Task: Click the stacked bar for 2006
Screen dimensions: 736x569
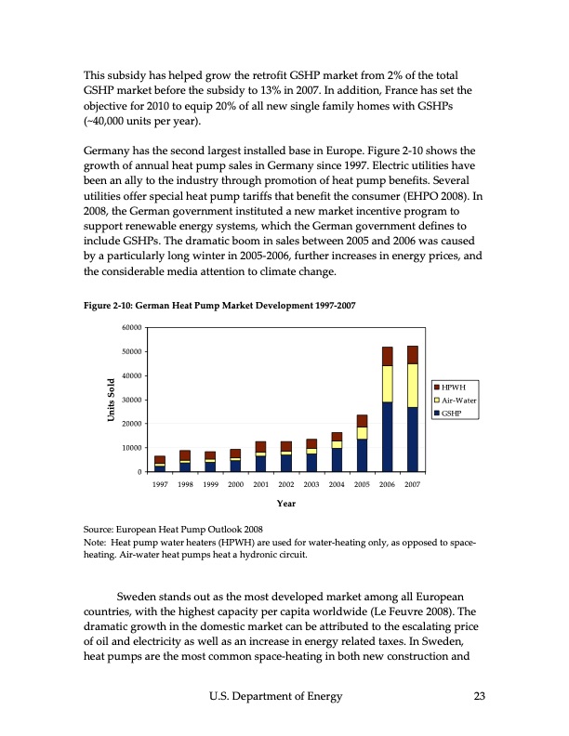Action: [x=387, y=409]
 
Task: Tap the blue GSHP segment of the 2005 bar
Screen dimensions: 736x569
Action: [x=362, y=455]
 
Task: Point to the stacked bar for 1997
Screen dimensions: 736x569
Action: [x=160, y=464]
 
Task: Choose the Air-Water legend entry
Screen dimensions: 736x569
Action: [x=456, y=400]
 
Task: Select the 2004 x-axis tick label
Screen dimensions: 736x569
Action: [x=337, y=485]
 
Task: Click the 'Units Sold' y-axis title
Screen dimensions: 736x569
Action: [x=109, y=400]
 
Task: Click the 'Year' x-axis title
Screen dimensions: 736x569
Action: [x=285, y=503]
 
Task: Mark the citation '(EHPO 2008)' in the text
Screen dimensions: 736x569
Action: [x=434, y=197]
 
